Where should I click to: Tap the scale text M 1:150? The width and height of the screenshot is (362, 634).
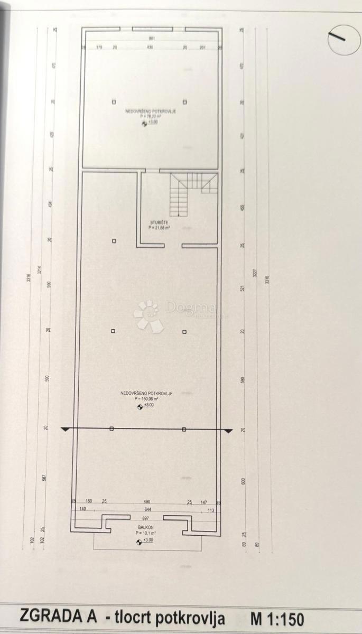[277, 618]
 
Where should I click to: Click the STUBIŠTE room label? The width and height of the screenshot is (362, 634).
[159, 222]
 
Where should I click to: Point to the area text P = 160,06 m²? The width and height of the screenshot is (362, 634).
[147, 399]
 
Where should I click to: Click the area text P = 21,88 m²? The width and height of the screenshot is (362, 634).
[159, 228]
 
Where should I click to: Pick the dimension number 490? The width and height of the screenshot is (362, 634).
[147, 501]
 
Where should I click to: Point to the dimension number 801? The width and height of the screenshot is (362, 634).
[152, 39]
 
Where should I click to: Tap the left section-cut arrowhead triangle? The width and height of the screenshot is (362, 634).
[65, 430]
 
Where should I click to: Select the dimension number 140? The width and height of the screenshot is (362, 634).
[82, 510]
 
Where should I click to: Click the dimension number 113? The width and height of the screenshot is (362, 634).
[210, 510]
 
